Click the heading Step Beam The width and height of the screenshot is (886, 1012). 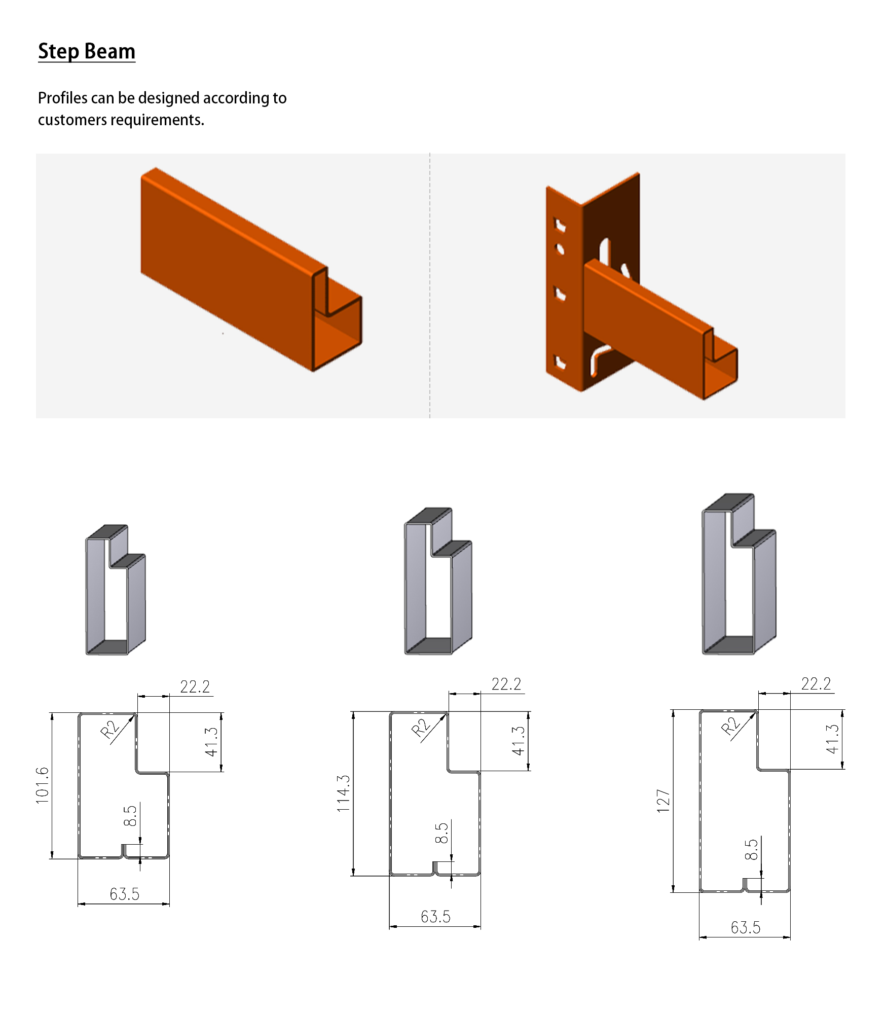[x=87, y=51]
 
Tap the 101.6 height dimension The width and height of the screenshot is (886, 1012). [x=42, y=785]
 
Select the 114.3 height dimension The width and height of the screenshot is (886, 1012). [x=343, y=793]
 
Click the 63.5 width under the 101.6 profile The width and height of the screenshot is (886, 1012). [x=124, y=894]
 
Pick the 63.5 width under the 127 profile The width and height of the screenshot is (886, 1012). [x=746, y=927]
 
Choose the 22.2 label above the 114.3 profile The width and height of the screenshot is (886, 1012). [x=506, y=684]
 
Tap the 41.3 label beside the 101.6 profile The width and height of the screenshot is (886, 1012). [x=211, y=742]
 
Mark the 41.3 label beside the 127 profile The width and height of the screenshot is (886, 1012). [x=832, y=739]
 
